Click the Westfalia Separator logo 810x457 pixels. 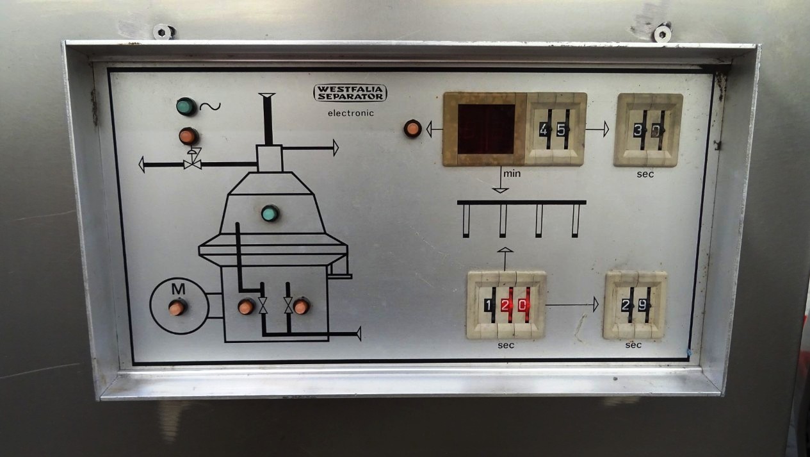[350, 93]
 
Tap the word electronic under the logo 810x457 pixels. [351, 113]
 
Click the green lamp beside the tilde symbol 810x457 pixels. [186, 106]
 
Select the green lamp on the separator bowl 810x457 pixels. [270, 213]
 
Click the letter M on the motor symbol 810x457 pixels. [178, 288]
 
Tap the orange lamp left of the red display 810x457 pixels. [412, 128]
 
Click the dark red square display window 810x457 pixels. [485, 129]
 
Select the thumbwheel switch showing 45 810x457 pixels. [555, 129]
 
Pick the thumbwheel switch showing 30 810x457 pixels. [649, 130]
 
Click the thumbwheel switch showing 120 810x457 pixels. [506, 305]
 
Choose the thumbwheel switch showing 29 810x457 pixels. [635, 305]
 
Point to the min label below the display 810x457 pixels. [512, 174]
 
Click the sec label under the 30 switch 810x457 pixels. [645, 174]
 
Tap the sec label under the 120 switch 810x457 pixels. [505, 345]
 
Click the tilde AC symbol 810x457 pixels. [210, 106]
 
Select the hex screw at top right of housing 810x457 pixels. [663, 34]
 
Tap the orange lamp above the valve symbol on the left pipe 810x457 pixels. [189, 136]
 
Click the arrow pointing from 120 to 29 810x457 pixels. [572, 304]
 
